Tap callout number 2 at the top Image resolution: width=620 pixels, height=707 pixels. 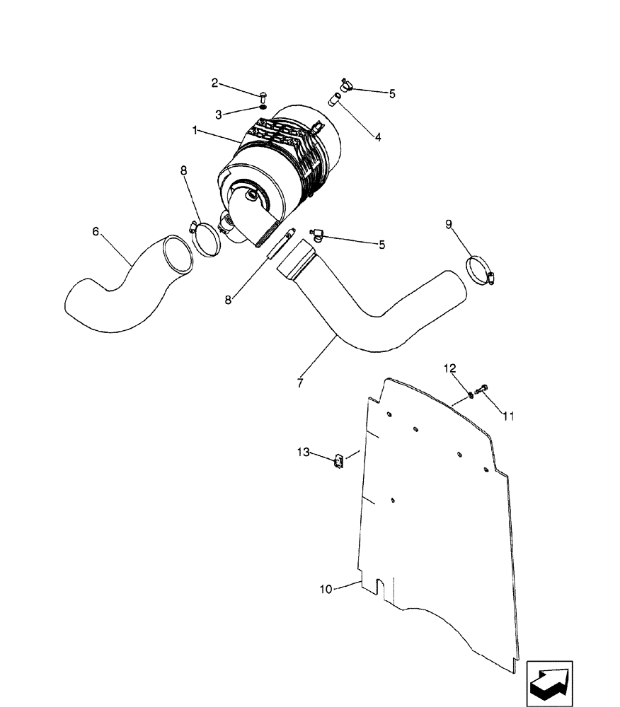(x=214, y=83)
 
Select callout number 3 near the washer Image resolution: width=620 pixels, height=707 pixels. (x=219, y=113)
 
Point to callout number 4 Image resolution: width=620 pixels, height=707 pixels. (x=378, y=137)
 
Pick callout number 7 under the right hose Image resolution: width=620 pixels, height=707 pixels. (x=300, y=383)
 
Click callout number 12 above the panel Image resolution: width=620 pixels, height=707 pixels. (x=450, y=368)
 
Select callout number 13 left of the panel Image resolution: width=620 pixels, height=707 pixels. (x=304, y=452)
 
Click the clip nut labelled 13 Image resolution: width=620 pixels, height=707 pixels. (x=339, y=462)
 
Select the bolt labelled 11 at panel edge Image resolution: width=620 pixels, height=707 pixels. (x=483, y=388)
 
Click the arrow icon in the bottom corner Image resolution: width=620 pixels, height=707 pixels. (x=550, y=684)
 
